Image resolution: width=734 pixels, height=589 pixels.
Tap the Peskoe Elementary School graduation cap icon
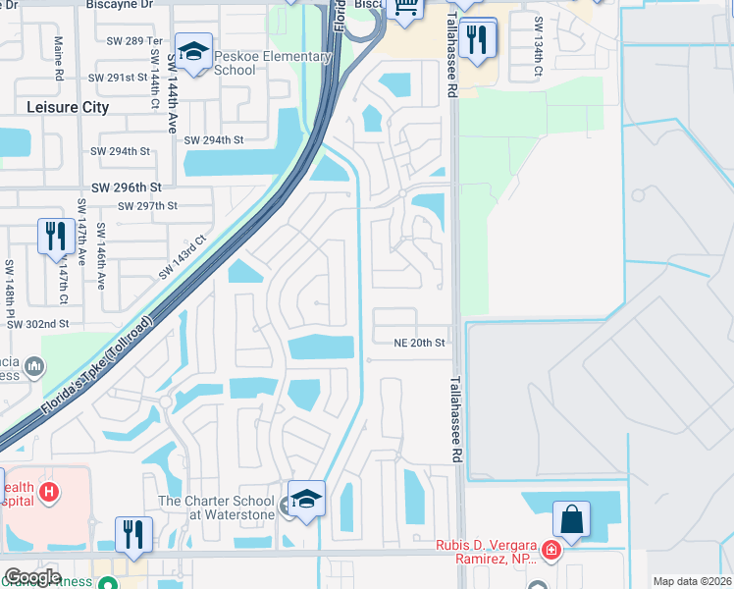pyautogui.click(x=191, y=52)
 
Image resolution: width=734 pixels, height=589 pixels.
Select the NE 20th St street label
pyautogui.click(x=419, y=343)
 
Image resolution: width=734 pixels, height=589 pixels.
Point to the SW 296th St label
pyautogui.click(x=126, y=187)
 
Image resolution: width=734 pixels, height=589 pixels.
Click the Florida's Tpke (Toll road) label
pyautogui.click(x=98, y=366)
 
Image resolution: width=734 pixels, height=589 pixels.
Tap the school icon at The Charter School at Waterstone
pyautogui.click(x=306, y=498)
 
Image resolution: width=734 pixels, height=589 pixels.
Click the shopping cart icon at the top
pyautogui.click(x=404, y=9)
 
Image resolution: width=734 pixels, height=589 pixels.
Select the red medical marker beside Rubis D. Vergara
pyautogui.click(x=552, y=550)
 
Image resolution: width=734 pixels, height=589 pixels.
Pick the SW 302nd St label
pyautogui.click(x=37, y=323)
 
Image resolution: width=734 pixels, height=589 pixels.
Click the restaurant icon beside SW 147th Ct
pyautogui.click(x=52, y=236)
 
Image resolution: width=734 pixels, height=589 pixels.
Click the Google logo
pyautogui.click(x=32, y=577)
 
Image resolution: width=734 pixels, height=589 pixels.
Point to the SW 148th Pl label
pyautogui.click(x=9, y=283)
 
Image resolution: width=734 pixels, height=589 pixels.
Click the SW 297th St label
pyautogui.click(x=147, y=206)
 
